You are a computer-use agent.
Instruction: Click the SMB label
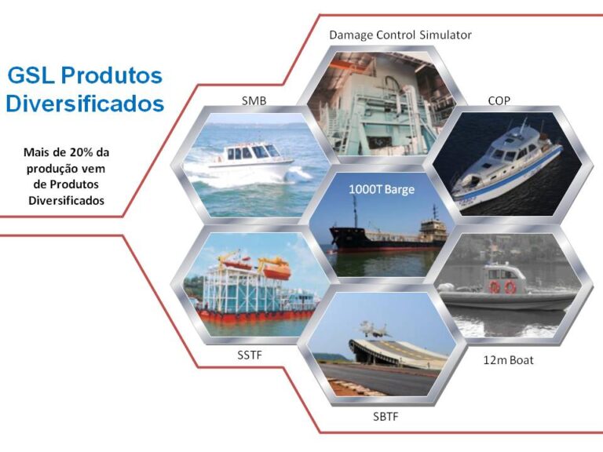tap(254, 100)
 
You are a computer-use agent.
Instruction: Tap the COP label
tap(499, 100)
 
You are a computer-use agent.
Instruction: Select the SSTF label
tap(250, 355)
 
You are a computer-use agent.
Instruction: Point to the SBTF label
tap(386, 417)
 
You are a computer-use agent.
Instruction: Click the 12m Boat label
tap(509, 360)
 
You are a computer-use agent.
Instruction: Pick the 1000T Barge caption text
tap(382, 189)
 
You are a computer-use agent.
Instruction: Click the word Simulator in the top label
tap(445, 35)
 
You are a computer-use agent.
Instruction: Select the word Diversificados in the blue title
tap(85, 104)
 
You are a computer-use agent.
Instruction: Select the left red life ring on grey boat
tap(494, 287)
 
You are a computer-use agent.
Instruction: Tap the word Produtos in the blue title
tap(111, 75)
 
